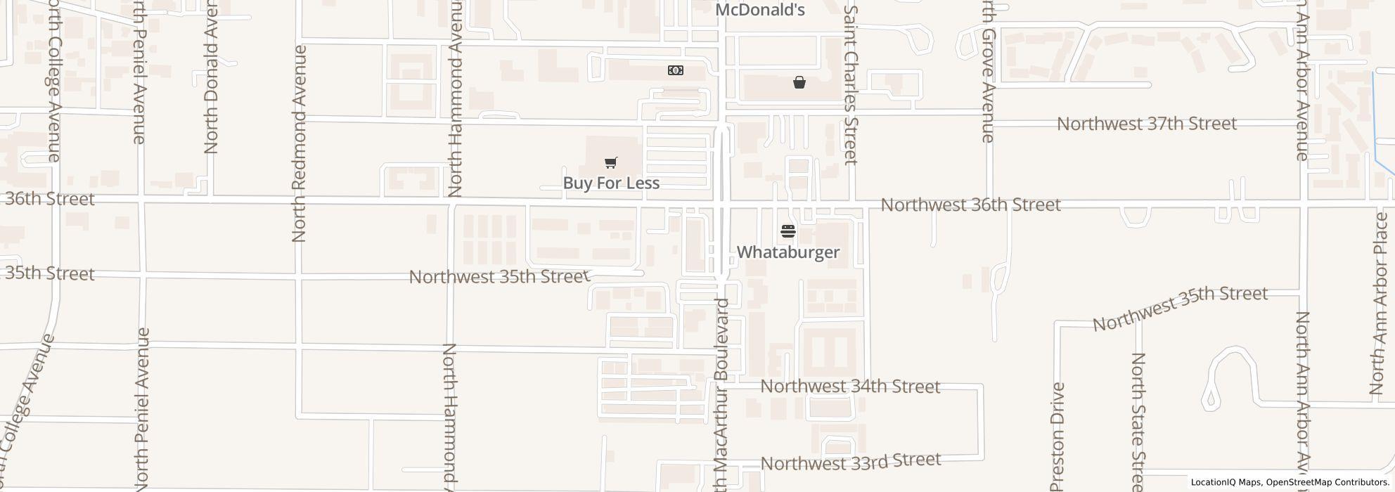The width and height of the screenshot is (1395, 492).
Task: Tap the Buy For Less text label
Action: [611, 183]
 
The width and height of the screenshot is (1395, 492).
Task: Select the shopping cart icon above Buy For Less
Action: [610, 163]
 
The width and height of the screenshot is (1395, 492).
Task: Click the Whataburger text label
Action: [787, 252]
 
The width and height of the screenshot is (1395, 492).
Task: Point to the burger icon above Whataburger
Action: [787, 231]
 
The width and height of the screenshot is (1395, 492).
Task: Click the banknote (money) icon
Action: [675, 70]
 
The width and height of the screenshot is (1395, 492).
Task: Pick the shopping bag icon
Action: [799, 82]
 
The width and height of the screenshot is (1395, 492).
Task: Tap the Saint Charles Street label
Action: [851, 84]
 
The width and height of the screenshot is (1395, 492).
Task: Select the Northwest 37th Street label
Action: [1146, 124]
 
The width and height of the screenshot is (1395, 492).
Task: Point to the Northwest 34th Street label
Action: [850, 387]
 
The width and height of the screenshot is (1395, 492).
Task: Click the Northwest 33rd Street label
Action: [851, 462]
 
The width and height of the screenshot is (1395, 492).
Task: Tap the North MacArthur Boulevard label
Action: [722, 394]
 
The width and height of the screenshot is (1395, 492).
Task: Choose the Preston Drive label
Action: [1058, 436]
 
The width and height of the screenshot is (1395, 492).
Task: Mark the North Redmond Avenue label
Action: [299, 144]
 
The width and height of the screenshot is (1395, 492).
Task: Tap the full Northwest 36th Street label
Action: [970, 205]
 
